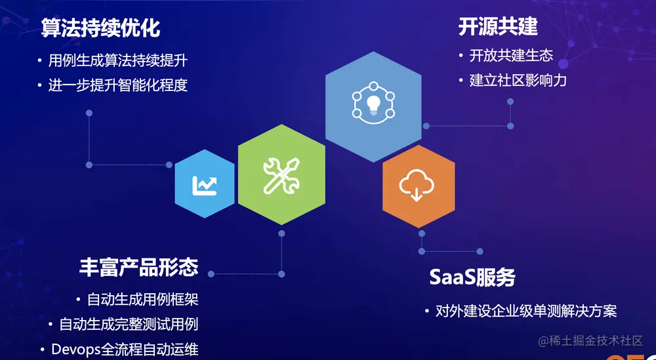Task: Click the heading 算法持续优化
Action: tap(100, 28)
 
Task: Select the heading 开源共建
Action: tap(498, 26)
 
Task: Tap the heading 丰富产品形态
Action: tap(138, 266)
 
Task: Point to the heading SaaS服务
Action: tap(472, 277)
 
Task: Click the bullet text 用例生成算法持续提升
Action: tap(118, 61)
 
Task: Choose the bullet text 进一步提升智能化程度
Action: tap(118, 85)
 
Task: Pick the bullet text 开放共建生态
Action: tap(511, 56)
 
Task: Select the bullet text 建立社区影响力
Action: tap(518, 81)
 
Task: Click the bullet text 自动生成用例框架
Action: tap(142, 300)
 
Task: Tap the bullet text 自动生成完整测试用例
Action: tap(129, 324)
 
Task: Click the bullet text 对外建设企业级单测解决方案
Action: tap(526, 311)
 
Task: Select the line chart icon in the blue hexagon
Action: tap(204, 186)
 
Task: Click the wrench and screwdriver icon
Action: tap(281, 175)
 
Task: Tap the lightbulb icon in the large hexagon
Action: tap(373, 104)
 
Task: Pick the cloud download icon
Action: tap(417, 186)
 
